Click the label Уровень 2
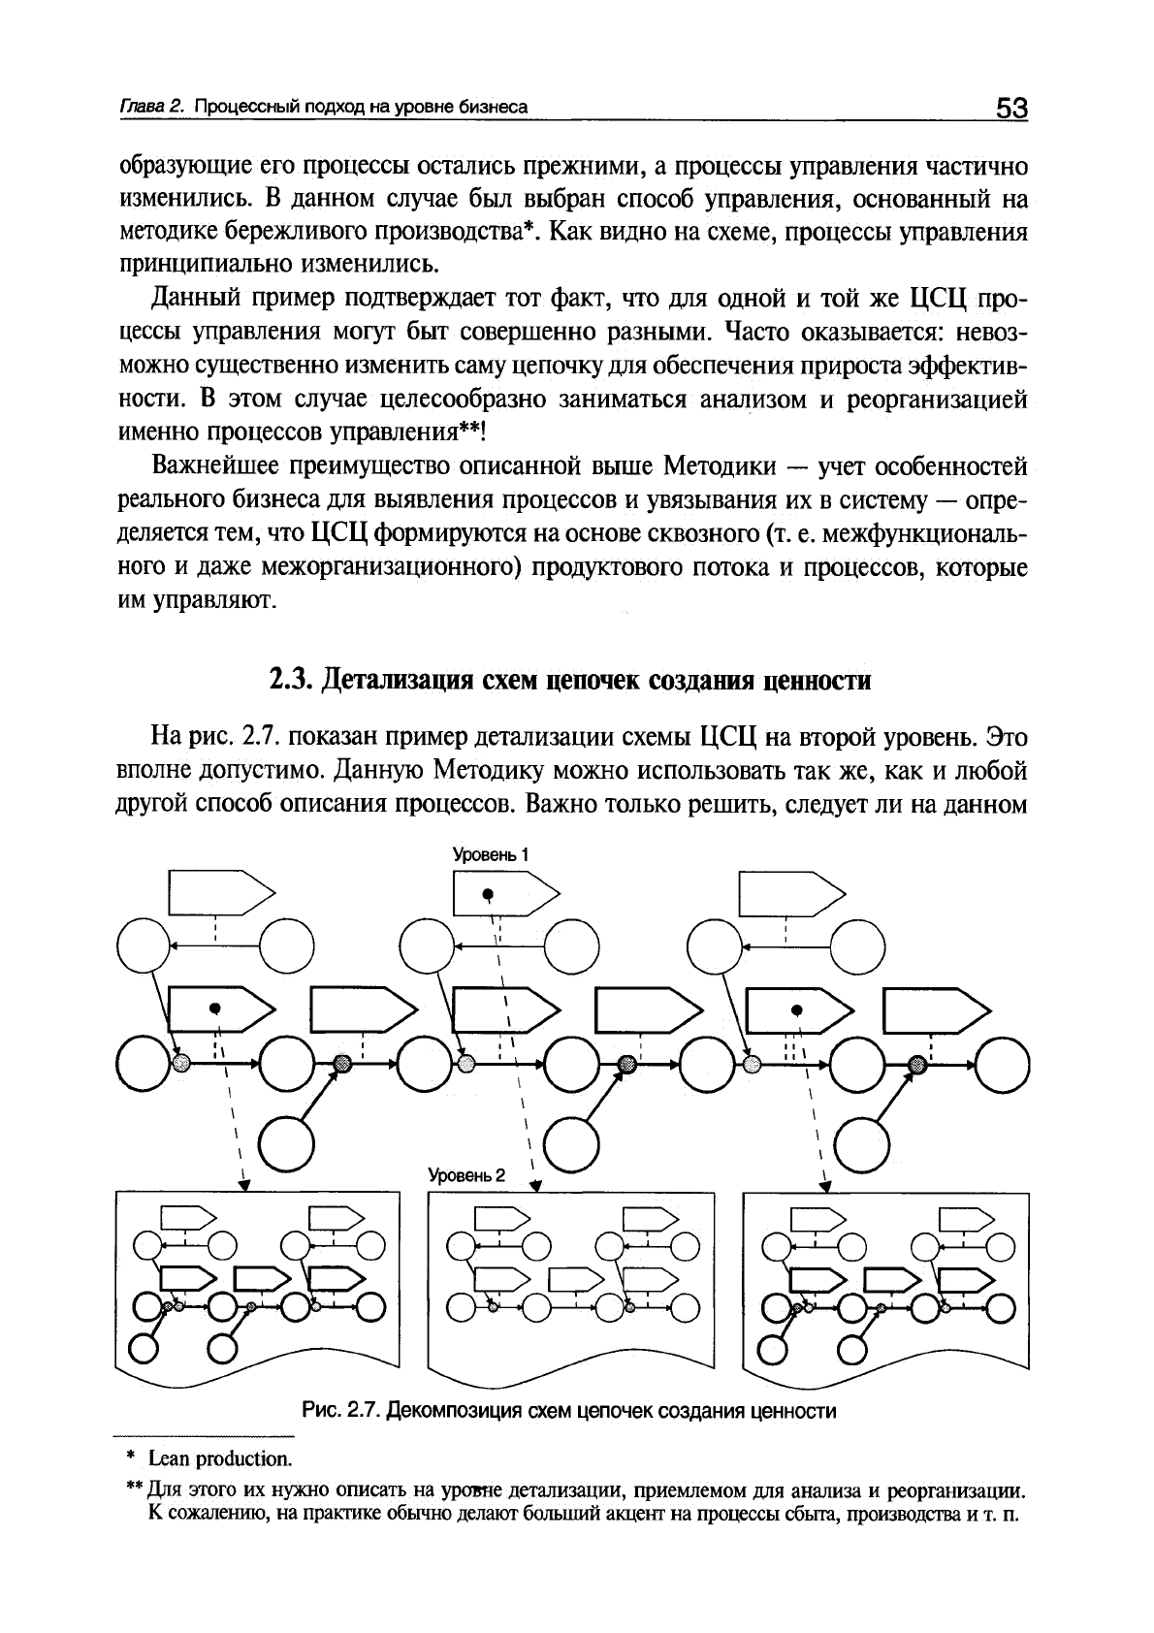coord(467,1175)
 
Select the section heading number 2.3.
coord(290,680)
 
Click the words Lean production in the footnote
coord(220,1458)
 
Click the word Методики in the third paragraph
coord(722,466)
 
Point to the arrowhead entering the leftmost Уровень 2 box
coord(244,1185)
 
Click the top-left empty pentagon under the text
coord(215,893)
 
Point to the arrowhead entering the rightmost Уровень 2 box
coord(825,1185)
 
